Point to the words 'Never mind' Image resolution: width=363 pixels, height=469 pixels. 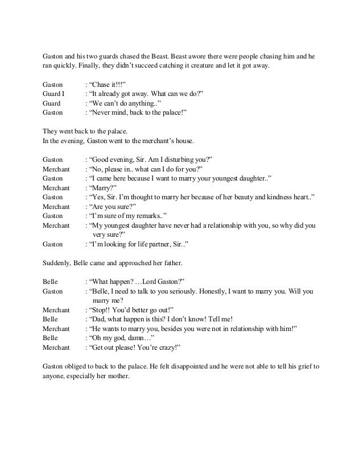108,112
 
